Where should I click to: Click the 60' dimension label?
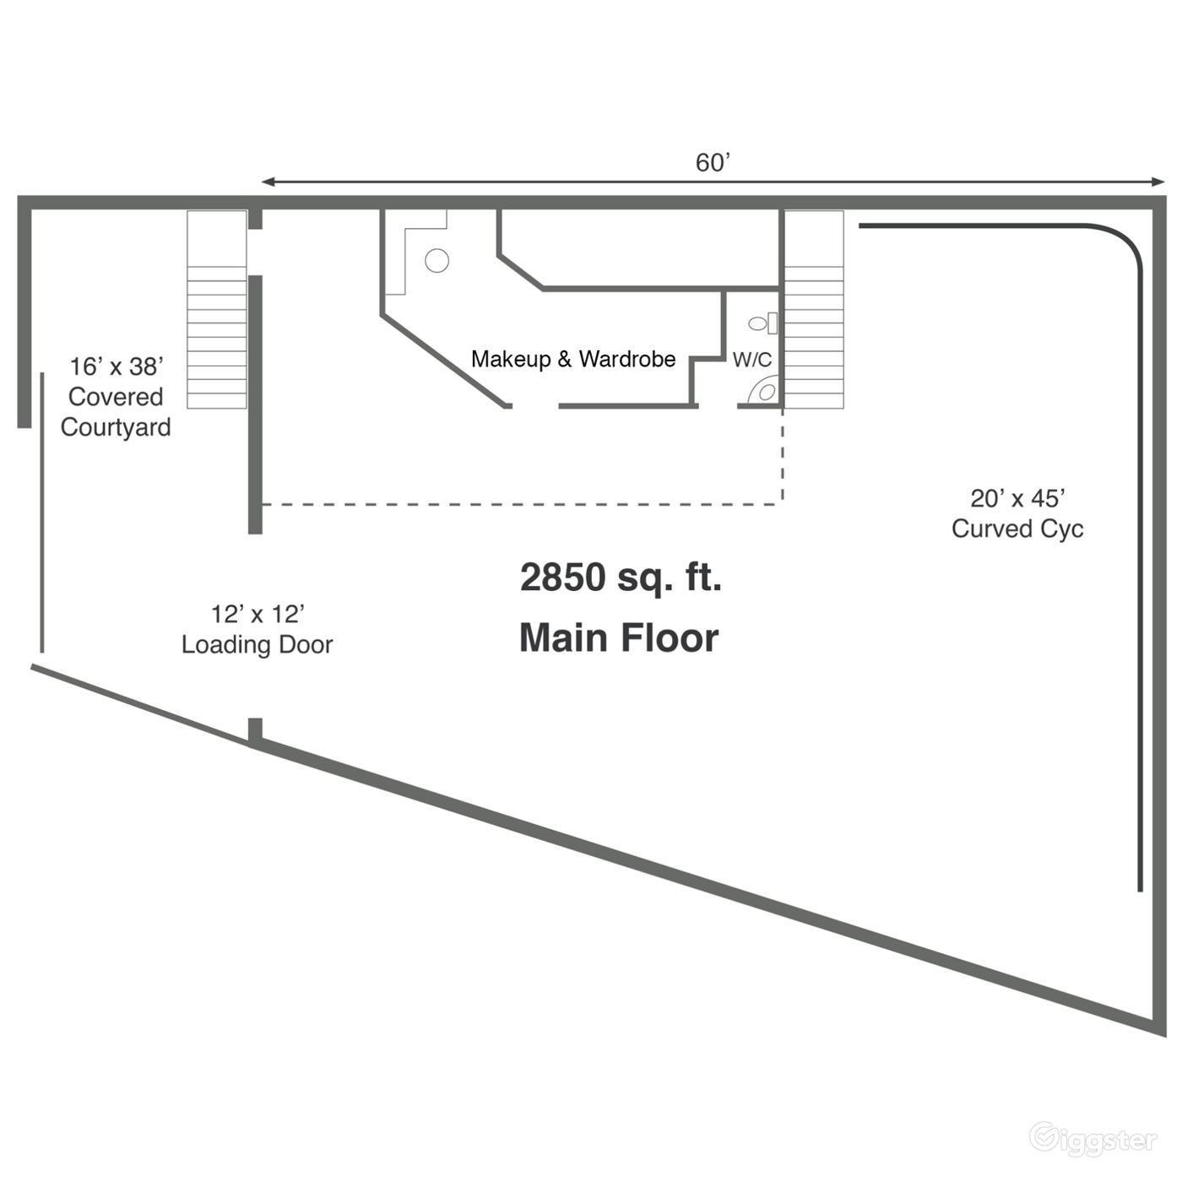[712, 162]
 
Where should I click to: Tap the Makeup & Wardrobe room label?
[573, 359]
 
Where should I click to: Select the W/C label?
[751, 360]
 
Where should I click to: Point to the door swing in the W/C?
[765, 393]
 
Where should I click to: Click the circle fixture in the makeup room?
[436, 261]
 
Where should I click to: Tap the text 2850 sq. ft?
[621, 577]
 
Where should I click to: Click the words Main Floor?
[619, 637]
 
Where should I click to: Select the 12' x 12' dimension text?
[258, 614]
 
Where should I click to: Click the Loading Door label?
[258, 645]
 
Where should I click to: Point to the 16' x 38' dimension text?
[116, 366]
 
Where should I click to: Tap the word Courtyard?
[116, 427]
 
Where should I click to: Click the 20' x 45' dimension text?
[1017, 498]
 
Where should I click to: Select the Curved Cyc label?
[1017, 529]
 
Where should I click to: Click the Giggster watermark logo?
[1093, 1140]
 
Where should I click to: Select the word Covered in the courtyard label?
[116, 397]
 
